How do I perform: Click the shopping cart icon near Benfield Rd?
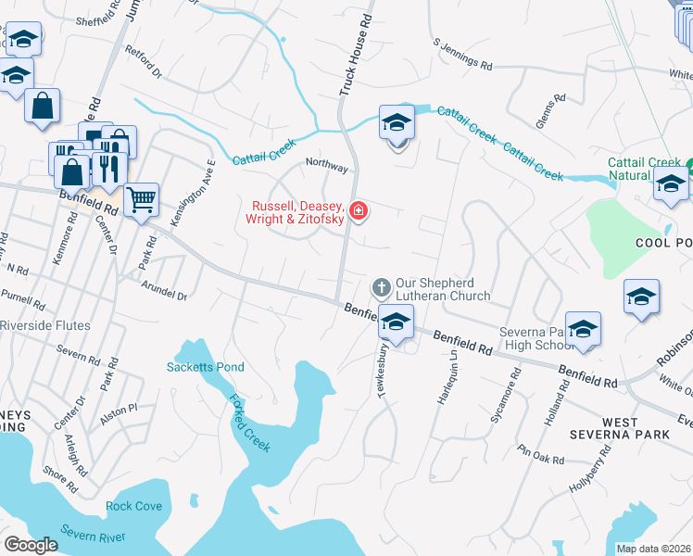tap(141, 198)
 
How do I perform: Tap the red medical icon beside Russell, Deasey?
tap(358, 212)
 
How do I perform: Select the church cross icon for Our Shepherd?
tap(380, 288)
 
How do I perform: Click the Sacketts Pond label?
tap(205, 367)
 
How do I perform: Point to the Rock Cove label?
tap(133, 506)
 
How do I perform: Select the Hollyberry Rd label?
tap(591, 468)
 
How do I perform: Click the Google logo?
tap(31, 545)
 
